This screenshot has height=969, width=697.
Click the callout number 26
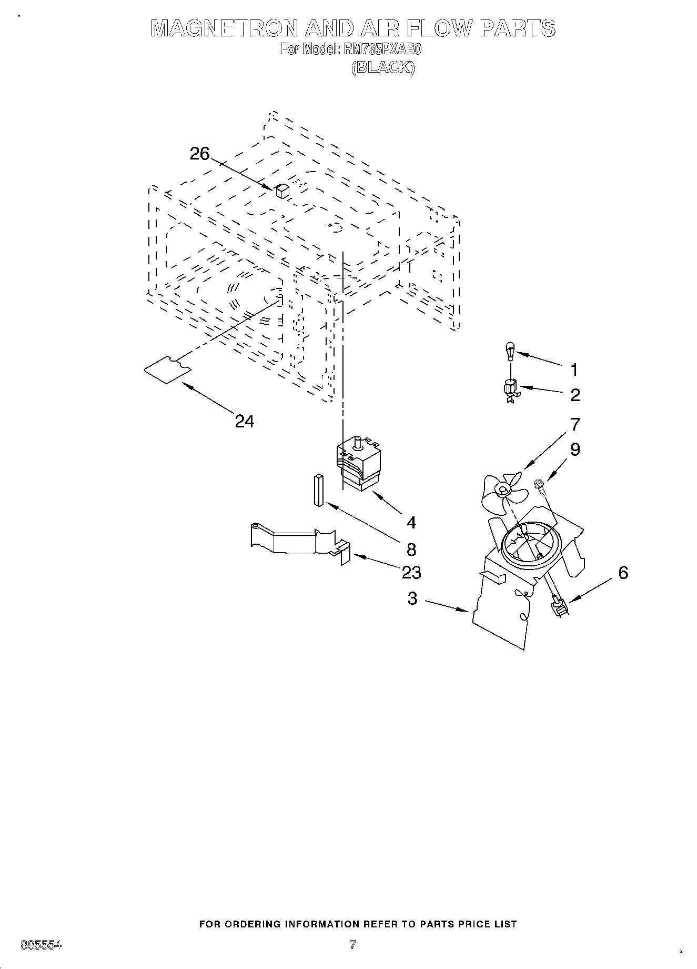(x=199, y=154)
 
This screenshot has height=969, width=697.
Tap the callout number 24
(x=244, y=421)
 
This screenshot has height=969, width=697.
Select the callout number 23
(x=411, y=572)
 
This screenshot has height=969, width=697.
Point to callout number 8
(x=411, y=549)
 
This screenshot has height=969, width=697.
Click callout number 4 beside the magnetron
(x=411, y=522)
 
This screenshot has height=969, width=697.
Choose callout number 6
(x=623, y=572)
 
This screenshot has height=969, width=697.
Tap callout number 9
(x=575, y=449)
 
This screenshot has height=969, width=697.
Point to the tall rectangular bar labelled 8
(x=318, y=490)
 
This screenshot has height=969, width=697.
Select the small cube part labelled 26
(x=282, y=191)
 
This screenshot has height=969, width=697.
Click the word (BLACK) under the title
(x=383, y=67)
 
